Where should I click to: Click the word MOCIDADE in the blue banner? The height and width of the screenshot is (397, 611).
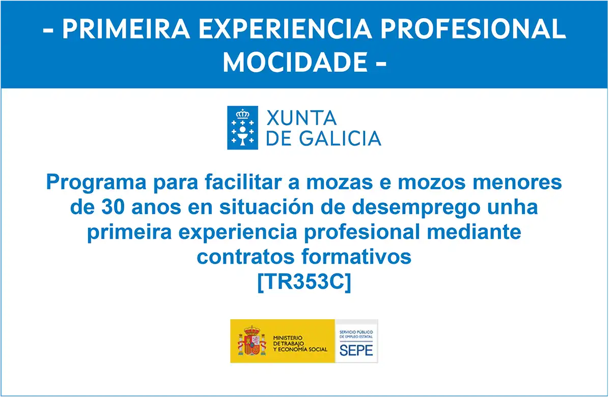[295, 62]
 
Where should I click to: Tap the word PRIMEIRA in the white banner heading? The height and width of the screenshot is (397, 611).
[126, 29]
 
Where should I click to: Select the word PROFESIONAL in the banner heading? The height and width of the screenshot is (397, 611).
[473, 29]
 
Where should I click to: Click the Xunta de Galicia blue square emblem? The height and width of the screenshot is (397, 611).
[242, 128]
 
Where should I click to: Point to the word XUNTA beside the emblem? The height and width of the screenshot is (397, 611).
[301, 118]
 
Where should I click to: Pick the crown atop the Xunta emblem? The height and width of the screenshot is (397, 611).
[242, 114]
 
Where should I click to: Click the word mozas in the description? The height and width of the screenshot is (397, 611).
[340, 182]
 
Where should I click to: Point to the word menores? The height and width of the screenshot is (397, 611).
[517, 182]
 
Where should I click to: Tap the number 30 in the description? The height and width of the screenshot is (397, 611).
[113, 207]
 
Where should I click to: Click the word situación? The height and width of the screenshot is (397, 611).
[266, 207]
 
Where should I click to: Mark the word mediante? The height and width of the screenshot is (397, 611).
[474, 232]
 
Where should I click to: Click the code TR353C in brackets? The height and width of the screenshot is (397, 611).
[304, 282]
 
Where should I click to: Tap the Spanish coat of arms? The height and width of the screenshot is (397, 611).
[252, 341]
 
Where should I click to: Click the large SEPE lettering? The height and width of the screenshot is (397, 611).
[356, 350]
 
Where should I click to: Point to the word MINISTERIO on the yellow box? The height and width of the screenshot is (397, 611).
[288, 338]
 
